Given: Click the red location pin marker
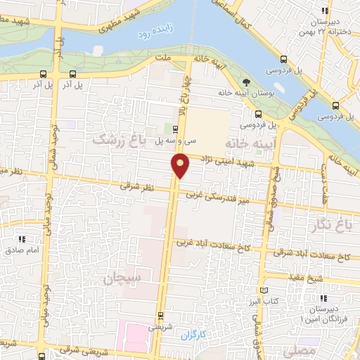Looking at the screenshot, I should [x=180, y=165].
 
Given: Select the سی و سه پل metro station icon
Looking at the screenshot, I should [x=175, y=129].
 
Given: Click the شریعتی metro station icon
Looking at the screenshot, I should [x=161, y=314].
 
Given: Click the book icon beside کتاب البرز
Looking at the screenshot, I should [x=264, y=290].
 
